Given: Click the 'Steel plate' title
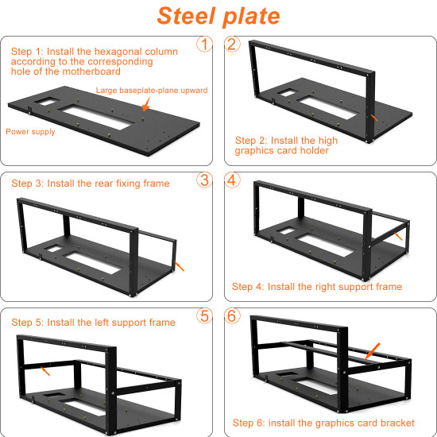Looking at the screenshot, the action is pos(218,16).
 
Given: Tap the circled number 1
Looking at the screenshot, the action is pos(204,44).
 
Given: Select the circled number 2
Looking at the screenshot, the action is pos(232,44).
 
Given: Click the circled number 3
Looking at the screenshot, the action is pos(204,180).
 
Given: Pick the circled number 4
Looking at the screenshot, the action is pos(232,180).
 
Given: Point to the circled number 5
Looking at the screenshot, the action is pos(204,315).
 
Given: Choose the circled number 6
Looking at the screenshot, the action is pos(232,315).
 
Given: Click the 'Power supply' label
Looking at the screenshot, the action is pos(30,132).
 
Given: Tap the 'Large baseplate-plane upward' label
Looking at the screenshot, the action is pos(152,91).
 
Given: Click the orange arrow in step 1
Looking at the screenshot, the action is pos(146,104).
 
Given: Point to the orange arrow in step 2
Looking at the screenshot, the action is pos(374,118).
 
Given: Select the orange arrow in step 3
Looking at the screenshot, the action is pos(179,266).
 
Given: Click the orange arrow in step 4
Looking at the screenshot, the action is pos(398,236).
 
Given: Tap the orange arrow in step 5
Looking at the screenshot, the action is pos(45,371).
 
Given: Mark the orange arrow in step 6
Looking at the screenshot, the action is pos(372,351).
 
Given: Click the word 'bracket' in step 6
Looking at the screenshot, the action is pos(397,423).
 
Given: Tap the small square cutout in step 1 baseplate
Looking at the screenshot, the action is pos(48,102).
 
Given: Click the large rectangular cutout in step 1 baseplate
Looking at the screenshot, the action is pos(95,117).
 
